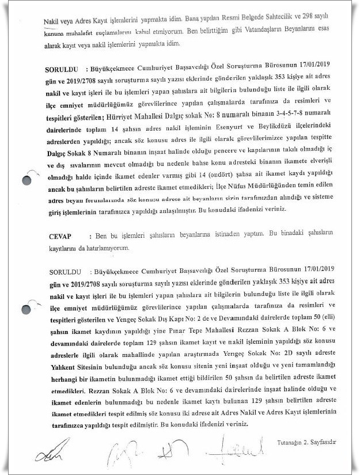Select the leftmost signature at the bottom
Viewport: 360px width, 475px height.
point(47,455)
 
